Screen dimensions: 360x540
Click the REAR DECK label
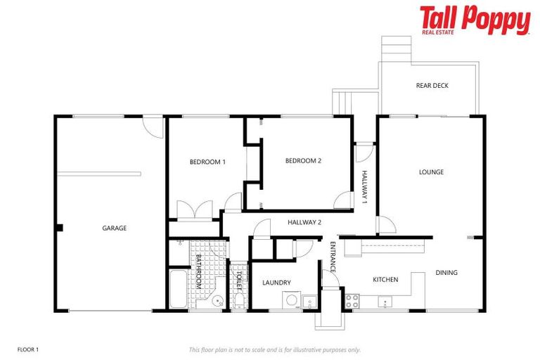[432, 86]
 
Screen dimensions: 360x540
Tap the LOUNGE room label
[431, 172]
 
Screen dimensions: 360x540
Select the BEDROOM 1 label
[207, 162]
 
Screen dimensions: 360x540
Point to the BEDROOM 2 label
[303, 160]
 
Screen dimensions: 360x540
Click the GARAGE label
[114, 228]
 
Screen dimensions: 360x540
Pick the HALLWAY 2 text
[304, 222]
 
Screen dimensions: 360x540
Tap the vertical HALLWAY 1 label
[364, 187]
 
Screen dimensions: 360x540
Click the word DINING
[446, 273]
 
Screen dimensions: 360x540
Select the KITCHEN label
[385, 279]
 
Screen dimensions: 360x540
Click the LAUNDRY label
[276, 283]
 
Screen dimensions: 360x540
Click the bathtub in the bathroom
[178, 289]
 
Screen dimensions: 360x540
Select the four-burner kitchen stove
[352, 301]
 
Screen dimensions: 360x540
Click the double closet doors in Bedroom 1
[194, 210]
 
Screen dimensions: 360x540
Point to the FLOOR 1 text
[28, 349]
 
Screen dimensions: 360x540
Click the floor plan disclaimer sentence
[275, 349]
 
